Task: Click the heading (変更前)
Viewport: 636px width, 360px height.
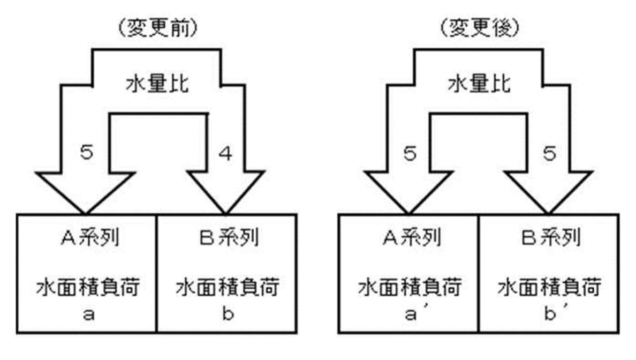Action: (157, 28)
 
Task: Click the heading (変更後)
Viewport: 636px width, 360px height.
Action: (480, 28)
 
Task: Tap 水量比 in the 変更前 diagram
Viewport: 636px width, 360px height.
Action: (157, 84)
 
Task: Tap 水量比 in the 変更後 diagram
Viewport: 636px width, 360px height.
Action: (480, 84)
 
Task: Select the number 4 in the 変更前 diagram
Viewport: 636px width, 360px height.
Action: (225, 153)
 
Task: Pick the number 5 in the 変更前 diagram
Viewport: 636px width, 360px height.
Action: (86, 152)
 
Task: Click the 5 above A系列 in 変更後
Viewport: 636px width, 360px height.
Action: (410, 153)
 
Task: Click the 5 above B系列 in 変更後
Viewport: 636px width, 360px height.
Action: (549, 153)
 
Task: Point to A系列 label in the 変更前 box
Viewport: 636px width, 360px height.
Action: (90, 237)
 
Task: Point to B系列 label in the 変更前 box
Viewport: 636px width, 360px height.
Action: (229, 237)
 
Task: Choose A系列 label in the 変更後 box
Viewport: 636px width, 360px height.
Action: (412, 237)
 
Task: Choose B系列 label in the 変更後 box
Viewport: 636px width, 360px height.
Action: (551, 237)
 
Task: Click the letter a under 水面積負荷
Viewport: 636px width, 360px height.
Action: (89, 314)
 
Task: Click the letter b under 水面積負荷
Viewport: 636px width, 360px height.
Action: (228, 312)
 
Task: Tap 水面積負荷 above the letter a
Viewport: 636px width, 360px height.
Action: (88, 287)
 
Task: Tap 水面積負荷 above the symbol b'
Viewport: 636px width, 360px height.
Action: (549, 287)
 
